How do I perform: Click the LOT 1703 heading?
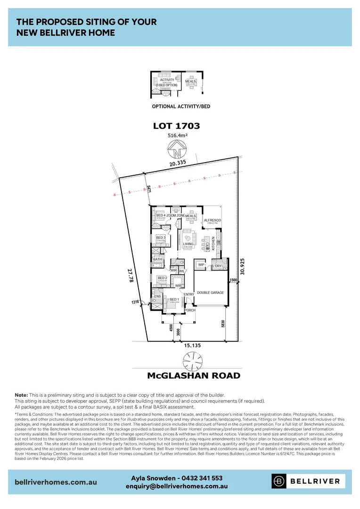[x=177, y=126]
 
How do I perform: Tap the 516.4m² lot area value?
[x=178, y=136]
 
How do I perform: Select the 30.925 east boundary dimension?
[x=242, y=265]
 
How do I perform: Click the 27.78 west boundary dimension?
[x=130, y=276]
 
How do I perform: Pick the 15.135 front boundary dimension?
[x=192, y=345]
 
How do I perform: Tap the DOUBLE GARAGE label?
[x=210, y=293]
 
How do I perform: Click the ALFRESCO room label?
[x=212, y=220]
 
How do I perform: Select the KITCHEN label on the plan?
[x=213, y=243]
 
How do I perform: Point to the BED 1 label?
[x=174, y=299]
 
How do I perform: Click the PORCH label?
[x=189, y=310]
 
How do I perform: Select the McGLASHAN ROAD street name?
[x=193, y=376]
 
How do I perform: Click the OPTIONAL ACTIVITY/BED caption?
[x=181, y=107]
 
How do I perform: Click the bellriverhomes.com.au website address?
[x=56, y=482]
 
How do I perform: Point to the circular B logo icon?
[x=278, y=481]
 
